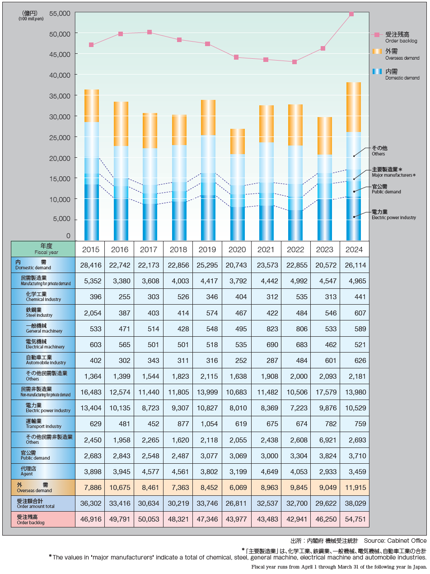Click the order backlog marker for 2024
351,14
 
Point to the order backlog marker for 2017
150,32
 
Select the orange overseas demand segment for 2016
121,124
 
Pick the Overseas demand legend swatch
377,51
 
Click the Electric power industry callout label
393,214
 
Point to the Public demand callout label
386,189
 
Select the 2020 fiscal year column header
237,249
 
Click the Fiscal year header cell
43,249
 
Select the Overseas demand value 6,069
237,488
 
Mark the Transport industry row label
43,424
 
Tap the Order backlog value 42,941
295,519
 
